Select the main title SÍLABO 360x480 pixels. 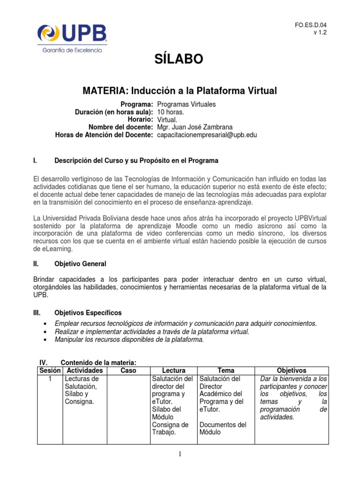click(180, 59)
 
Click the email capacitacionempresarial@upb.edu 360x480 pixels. click(207, 135)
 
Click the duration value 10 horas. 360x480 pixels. click(171, 112)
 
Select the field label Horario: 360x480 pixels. click(139, 120)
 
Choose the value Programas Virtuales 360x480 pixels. click(187, 105)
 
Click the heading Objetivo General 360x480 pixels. click(80, 264)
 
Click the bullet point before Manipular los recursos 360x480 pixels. click(44, 340)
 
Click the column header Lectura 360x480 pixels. click(173, 370)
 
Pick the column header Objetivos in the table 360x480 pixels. click(291, 370)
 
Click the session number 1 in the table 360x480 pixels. click(50, 378)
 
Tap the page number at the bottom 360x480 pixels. click(180, 454)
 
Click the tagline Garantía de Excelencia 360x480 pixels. click(72, 50)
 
